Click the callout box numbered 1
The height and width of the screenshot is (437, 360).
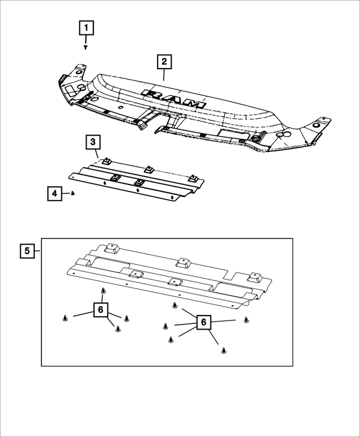coord(86,27)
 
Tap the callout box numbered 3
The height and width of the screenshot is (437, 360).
coord(93,142)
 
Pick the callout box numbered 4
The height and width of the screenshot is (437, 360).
coord(55,194)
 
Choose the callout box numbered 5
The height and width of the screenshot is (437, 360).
coord(26,250)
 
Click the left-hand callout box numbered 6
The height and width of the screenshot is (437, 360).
coord(101,310)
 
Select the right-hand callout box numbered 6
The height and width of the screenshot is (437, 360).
coord(204,322)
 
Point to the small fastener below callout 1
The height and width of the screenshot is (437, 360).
coord(85,48)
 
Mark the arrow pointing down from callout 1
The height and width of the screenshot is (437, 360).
coord(86,40)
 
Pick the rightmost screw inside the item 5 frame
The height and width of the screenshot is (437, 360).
coord(246,320)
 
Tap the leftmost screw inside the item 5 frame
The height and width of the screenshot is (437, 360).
coord(66,318)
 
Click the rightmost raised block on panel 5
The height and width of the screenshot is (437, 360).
coord(256,277)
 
